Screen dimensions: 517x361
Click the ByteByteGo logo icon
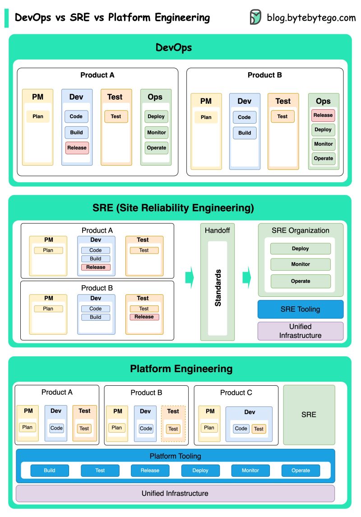tap(255, 17)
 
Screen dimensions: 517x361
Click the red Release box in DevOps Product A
tap(77, 148)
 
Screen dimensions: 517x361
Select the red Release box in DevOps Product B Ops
tap(323, 115)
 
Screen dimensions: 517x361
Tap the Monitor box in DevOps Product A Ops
tap(157, 133)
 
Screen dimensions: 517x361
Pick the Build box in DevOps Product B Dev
tap(245, 133)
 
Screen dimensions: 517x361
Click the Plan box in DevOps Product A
tap(38, 116)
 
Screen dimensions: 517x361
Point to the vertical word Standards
tap(218, 288)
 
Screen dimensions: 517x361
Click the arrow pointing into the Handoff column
tap(190, 277)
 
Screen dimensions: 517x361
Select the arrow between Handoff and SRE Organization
tap(246, 277)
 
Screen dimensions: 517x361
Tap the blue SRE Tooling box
tap(301, 309)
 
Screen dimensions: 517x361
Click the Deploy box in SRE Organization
tap(301, 249)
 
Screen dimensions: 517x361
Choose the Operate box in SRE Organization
tap(301, 281)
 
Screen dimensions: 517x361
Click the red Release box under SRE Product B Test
tap(144, 317)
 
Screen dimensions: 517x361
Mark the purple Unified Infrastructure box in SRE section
tap(301, 331)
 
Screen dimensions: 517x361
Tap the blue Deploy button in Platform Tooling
tap(200, 471)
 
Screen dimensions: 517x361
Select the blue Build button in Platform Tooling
tap(50, 471)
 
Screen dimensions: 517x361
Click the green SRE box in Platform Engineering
tap(309, 415)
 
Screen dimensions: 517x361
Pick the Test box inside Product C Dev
tap(259, 429)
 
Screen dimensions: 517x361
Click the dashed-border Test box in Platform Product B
tap(173, 429)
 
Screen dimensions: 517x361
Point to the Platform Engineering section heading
tap(181, 369)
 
